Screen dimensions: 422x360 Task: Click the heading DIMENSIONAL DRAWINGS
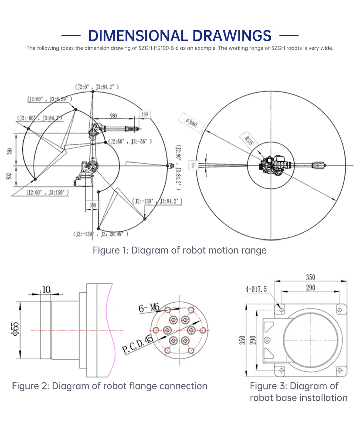pos(180,36)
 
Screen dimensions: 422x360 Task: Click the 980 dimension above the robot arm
pos(113,116)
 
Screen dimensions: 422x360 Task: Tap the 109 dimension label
pos(145,114)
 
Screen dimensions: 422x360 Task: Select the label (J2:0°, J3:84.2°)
pos(97,87)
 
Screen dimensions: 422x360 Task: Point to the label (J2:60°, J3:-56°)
pos(130,141)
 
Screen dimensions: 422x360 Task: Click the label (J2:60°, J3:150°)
pos(48,192)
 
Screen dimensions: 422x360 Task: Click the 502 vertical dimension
pos(10,176)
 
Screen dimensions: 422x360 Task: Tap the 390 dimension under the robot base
pos(92,205)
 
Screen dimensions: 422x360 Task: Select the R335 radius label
pos(249,140)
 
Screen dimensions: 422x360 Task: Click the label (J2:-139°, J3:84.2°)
pos(157,201)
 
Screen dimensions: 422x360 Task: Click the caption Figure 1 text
pos(180,250)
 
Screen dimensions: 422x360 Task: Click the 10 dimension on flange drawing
pos(46,289)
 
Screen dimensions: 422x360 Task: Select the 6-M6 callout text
pos(149,308)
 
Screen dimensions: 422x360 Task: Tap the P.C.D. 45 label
pos(138,344)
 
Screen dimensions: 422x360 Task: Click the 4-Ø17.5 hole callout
pos(256,289)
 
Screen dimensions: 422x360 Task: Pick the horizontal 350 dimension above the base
pos(310,277)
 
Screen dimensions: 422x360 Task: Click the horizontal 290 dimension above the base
pos(310,288)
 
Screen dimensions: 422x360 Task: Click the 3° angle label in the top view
pos(193,165)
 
